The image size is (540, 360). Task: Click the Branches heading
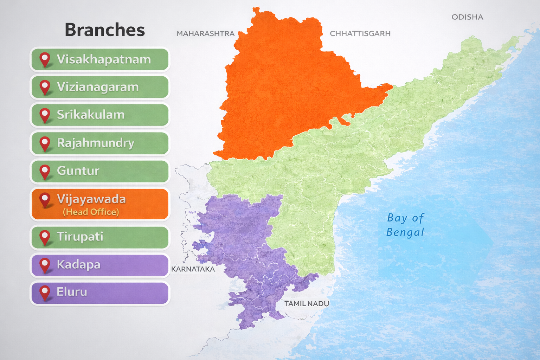click(x=105, y=30)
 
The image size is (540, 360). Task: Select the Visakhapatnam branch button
click(x=100, y=59)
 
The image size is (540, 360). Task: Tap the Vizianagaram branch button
click(x=100, y=87)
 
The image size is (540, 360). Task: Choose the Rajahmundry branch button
click(x=100, y=143)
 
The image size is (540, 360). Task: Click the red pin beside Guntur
click(x=45, y=171)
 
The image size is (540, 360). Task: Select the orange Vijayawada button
click(x=100, y=204)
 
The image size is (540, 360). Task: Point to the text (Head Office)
click(x=91, y=212)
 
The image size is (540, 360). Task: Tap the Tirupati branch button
click(x=100, y=237)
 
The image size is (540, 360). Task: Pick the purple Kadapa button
click(x=100, y=265)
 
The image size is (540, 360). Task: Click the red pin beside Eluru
click(x=45, y=292)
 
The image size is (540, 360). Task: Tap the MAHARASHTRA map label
click(x=205, y=34)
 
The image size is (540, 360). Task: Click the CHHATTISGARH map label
click(x=360, y=34)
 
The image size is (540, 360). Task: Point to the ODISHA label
click(x=467, y=17)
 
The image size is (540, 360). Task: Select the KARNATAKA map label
click(x=193, y=269)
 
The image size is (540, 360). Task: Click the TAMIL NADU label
click(x=307, y=304)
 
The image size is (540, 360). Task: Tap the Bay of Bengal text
click(x=405, y=225)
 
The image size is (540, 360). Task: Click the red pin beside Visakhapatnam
click(x=45, y=59)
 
